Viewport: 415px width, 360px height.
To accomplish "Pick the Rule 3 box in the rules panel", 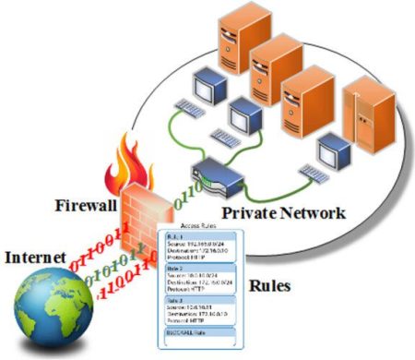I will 198,312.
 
